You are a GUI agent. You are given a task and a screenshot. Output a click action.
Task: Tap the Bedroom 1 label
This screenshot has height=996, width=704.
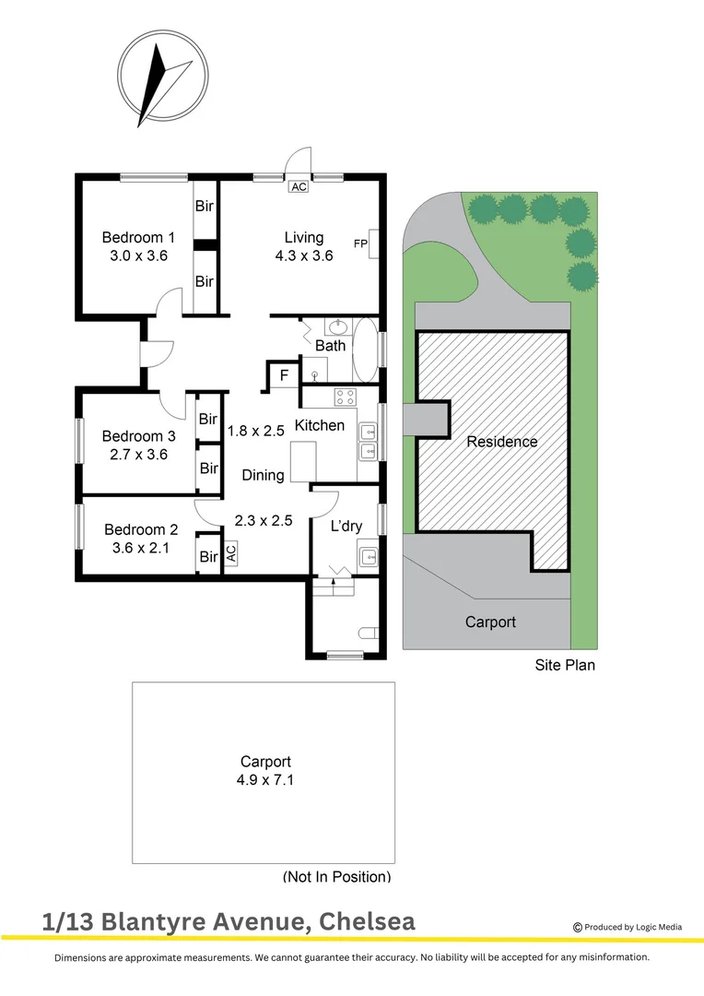point(138,238)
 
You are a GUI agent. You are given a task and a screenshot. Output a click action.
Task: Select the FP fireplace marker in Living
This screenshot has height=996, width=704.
point(361,243)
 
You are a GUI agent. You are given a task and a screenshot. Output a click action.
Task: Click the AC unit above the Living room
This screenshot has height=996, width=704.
point(299,186)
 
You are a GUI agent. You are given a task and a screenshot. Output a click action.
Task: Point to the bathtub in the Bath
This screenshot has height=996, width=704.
point(366,350)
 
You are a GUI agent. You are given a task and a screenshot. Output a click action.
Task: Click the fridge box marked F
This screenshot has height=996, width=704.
point(284,375)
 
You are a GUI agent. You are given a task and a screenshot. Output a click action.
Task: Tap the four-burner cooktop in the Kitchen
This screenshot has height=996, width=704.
point(346,398)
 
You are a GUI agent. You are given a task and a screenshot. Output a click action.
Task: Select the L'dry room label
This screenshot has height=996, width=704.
point(346,527)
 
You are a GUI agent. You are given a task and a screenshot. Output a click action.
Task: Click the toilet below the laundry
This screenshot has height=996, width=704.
point(368,634)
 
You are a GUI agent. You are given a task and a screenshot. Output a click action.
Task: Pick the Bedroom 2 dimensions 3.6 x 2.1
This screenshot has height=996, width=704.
point(141,548)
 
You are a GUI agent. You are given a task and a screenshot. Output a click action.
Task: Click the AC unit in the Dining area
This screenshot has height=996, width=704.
point(231,553)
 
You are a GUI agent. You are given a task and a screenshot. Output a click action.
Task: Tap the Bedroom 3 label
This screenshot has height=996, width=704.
point(138,436)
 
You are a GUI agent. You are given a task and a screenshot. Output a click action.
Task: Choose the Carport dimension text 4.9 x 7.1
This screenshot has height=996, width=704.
point(265,780)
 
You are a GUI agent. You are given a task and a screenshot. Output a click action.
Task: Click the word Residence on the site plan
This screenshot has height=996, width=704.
point(502,442)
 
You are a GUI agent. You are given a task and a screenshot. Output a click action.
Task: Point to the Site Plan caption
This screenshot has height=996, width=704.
point(565,664)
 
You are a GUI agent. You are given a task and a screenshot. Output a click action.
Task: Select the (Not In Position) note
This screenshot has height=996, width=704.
point(337,876)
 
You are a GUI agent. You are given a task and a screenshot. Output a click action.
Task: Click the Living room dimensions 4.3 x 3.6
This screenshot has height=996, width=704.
point(303,255)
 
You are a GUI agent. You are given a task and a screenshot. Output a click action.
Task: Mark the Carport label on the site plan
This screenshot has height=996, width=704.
point(490,622)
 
